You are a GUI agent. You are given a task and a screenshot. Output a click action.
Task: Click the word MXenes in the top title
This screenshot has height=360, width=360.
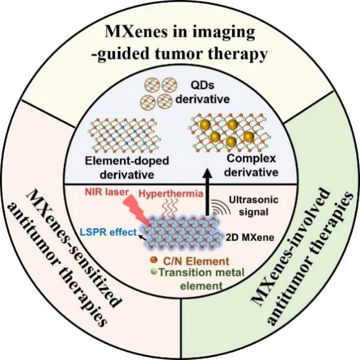click(x=136, y=32)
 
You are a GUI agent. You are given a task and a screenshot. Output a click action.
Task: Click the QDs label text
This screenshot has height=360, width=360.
click(x=202, y=85)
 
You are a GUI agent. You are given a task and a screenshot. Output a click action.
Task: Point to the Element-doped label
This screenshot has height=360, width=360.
click(x=127, y=161)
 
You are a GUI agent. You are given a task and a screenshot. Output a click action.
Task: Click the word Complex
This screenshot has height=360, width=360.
click(x=251, y=159)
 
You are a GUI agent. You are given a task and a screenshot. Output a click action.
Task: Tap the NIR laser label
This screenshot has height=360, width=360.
click(x=107, y=192)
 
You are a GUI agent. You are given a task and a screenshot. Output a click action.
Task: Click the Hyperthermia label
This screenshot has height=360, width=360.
click(x=171, y=194)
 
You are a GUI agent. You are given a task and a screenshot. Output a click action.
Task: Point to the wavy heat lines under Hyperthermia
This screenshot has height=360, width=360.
click(x=170, y=208)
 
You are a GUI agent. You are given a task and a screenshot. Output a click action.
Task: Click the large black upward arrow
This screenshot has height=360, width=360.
click(x=208, y=192)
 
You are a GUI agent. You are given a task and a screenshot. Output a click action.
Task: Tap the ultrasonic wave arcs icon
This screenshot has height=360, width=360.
click(x=221, y=207)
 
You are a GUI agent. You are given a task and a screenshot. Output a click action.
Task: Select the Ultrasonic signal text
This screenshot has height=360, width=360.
click(x=254, y=205)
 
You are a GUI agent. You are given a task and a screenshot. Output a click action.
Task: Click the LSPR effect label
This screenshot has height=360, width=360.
click(x=108, y=232)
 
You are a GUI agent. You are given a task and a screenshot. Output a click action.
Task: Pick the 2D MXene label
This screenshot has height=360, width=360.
click(x=250, y=238)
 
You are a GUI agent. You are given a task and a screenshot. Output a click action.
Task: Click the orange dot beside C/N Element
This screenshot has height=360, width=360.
click(x=153, y=260)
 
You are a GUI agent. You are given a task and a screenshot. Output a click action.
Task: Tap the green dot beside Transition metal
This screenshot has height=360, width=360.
click(x=154, y=272)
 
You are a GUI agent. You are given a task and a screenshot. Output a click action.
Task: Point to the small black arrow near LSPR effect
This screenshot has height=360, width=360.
click(x=142, y=238)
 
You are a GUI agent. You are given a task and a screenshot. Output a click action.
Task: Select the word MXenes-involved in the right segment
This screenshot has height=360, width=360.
click(x=291, y=247)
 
